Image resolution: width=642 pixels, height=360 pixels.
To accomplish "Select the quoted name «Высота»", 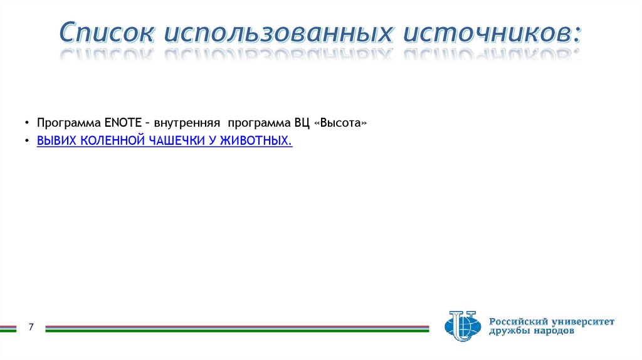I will tap(342, 123).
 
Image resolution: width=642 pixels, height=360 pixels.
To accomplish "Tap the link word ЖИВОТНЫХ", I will tap(258, 141).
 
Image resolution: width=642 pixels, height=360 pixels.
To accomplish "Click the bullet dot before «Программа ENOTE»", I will tap(27, 124).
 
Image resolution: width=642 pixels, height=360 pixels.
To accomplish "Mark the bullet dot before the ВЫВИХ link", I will tap(27, 142).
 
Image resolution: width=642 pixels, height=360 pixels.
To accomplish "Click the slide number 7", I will tap(30, 326).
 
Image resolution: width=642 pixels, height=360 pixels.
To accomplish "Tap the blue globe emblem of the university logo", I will tap(462, 326).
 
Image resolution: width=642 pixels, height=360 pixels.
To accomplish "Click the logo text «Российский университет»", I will tap(552, 321).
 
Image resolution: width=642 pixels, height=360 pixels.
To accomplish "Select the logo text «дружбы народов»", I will tap(531, 331).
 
